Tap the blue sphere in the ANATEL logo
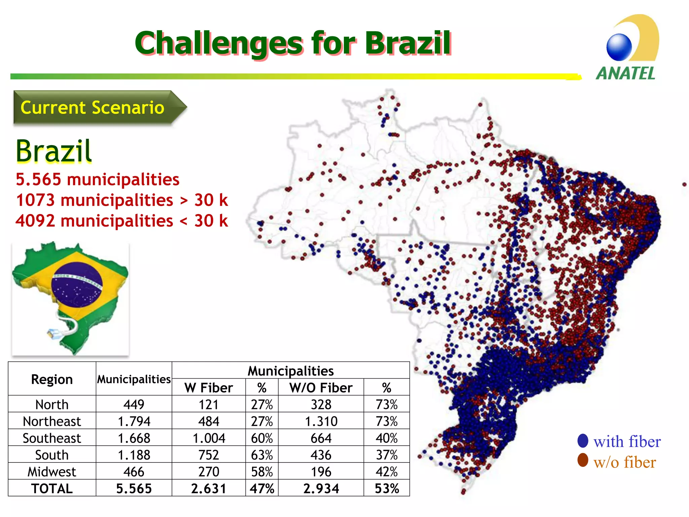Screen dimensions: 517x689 619,47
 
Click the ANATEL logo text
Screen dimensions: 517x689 625,73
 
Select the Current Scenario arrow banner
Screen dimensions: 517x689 98,108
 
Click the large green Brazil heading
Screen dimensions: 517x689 54,151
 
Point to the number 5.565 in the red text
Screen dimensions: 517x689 38,179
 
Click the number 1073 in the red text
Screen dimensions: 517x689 35,200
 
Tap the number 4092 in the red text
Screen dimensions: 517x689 35,221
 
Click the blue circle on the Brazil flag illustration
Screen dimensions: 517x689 77,285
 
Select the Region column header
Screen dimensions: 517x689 52,379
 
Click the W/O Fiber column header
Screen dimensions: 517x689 321,388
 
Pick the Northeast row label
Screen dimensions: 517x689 52,421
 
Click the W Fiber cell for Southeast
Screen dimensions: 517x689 209,438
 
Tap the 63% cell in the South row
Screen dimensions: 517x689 262,455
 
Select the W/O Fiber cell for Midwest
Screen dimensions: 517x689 321,472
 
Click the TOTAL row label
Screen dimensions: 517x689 52,489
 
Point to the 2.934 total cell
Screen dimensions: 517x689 321,489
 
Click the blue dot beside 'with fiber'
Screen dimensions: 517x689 583,441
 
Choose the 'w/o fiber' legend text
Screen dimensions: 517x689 624,462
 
